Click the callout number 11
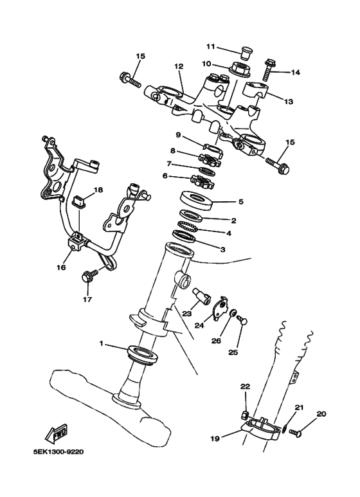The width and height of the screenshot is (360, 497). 210,47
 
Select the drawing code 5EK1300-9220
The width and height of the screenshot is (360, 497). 58,451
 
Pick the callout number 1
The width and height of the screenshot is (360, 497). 102,345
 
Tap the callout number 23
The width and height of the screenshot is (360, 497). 187,314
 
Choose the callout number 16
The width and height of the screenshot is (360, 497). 62,266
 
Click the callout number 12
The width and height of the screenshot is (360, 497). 179,66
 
